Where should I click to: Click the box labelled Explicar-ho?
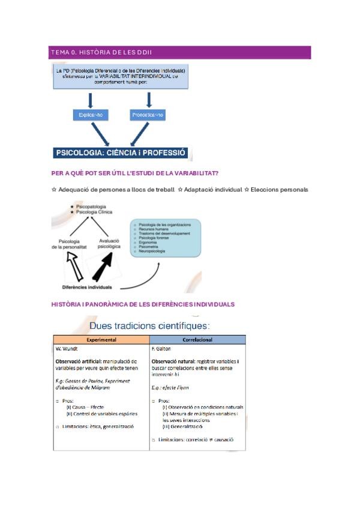pyautogui.click(x=88, y=114)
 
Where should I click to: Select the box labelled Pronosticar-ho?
pyautogui.click(x=147, y=114)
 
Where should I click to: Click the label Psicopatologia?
pyautogui.click(x=91, y=206)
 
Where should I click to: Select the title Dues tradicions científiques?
pyautogui.click(x=149, y=326)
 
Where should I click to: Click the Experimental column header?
pyautogui.click(x=101, y=339)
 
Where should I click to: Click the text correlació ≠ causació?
pyautogui.click(x=207, y=440)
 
